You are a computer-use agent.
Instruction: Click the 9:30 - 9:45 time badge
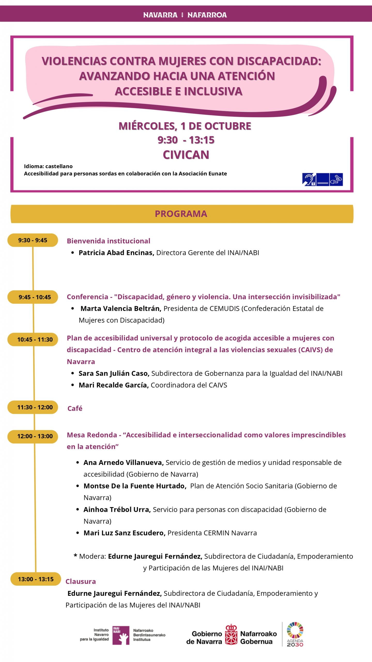[x=33, y=240]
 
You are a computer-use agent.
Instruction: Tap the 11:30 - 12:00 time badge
[x=35, y=407]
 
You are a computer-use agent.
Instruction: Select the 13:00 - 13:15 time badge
[x=36, y=579]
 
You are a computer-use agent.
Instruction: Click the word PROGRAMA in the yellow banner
[x=181, y=214]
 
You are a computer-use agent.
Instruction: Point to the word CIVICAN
[x=186, y=155]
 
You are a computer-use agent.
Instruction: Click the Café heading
[x=75, y=408]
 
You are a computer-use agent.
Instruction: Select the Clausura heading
[x=81, y=581]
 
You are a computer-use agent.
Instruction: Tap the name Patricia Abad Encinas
[x=116, y=253]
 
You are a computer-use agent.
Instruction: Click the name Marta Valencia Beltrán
[x=121, y=309]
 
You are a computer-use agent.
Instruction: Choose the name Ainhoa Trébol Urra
[x=117, y=509]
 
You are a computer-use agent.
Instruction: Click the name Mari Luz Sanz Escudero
[x=124, y=533]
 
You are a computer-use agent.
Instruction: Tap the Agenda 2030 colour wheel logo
[x=295, y=630]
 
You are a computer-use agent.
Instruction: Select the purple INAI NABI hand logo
[x=121, y=635]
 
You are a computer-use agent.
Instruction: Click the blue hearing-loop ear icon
[x=309, y=179]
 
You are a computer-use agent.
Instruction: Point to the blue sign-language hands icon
[x=336, y=179]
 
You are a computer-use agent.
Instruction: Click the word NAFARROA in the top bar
[x=207, y=15]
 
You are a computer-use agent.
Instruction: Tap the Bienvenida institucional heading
[x=109, y=241]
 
